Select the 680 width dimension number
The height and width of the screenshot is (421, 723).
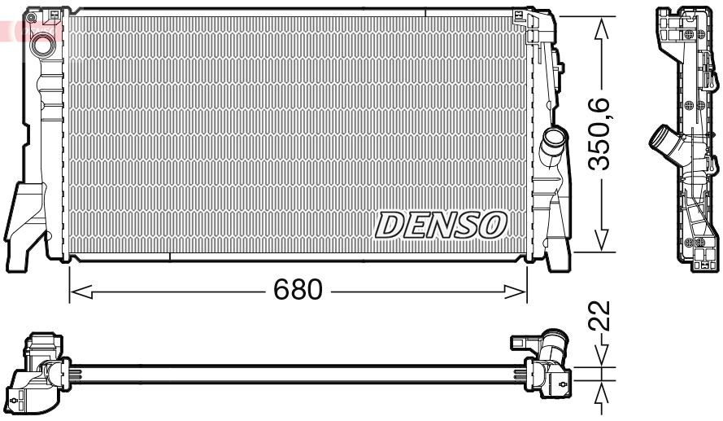click(x=298, y=288)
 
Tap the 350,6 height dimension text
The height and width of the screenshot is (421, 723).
click(x=601, y=134)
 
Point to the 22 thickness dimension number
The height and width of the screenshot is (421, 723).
click(x=601, y=316)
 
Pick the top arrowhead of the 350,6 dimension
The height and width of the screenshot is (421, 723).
click(x=601, y=26)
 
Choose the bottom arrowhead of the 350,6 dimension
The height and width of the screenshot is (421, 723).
click(x=601, y=242)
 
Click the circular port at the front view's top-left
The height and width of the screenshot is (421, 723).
click(x=40, y=47)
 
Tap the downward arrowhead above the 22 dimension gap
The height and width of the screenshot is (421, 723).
click(x=601, y=358)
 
